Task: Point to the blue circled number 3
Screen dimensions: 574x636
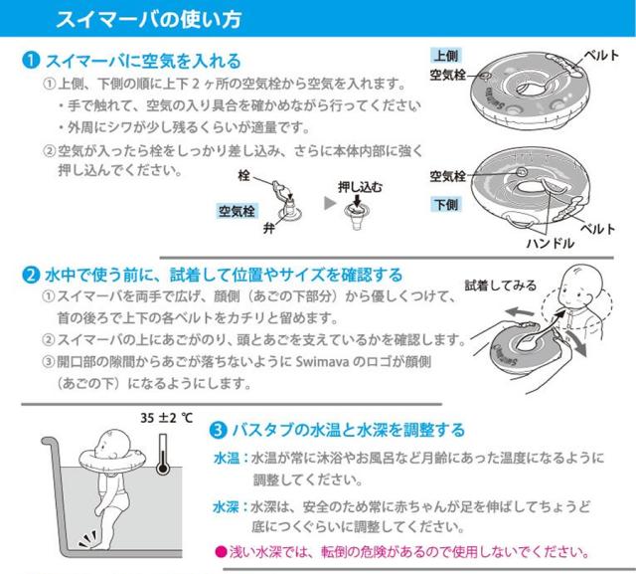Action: pos(218,430)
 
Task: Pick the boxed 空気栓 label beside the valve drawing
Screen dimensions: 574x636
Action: pos(237,211)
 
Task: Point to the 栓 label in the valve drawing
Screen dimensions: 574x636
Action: pos(245,177)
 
